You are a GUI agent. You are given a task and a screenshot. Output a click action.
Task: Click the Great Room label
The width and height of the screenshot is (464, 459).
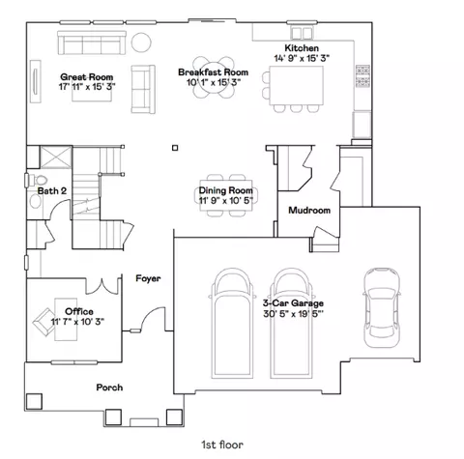87,77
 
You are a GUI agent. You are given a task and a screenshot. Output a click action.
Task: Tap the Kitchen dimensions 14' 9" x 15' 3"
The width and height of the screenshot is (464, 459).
302,58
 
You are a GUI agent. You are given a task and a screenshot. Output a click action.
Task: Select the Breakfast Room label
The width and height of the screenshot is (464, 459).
213,72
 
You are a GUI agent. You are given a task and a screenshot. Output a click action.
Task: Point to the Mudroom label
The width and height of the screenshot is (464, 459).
309,211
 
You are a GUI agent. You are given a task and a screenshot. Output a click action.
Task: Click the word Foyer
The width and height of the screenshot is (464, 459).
148,278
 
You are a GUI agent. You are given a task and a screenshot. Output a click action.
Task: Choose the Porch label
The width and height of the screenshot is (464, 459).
109,387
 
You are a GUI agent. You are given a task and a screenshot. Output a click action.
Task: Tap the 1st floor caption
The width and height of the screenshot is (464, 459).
222,445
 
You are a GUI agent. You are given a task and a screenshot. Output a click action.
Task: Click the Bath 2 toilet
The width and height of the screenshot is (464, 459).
36,181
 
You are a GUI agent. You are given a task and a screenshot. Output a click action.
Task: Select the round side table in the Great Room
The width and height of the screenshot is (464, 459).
141,43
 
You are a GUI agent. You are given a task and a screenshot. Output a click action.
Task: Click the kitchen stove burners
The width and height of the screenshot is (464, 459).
362,76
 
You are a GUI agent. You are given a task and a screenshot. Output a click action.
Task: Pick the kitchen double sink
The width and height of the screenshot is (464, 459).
302,33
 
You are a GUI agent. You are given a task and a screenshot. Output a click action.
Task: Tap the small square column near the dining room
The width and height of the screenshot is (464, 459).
175,148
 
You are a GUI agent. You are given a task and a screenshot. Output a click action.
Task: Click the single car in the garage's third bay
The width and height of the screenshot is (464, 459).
382,307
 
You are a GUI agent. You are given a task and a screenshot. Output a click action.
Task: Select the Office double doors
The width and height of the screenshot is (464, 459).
102,286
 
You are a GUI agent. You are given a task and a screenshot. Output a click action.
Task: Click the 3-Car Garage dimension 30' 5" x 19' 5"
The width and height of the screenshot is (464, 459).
293,314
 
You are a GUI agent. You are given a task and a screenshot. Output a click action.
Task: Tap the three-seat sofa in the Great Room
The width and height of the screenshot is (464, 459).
92,43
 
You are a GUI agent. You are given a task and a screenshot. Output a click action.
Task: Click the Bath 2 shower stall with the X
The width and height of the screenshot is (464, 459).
56,157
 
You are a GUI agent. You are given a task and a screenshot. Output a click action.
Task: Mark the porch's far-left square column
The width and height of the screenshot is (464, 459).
34,401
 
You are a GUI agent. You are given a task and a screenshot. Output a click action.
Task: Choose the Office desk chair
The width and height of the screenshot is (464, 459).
44,322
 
